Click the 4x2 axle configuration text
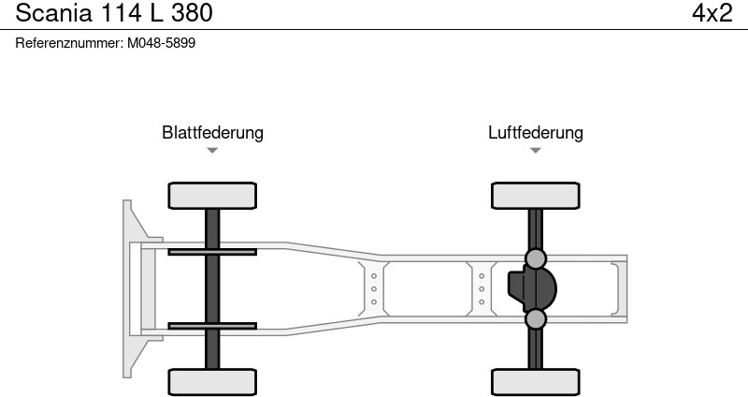tap(712, 13)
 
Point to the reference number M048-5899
tap(161, 43)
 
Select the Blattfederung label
tap(212, 132)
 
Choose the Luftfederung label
tap(535, 132)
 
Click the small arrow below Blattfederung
tap(212, 150)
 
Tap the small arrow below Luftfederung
tap(535, 150)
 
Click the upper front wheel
tap(212, 196)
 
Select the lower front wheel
tap(212, 381)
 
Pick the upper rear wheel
tap(535, 196)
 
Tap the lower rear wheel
tap(535, 381)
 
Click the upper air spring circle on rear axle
tap(535, 258)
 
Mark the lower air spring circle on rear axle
tap(535, 319)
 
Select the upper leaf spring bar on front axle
tap(212, 251)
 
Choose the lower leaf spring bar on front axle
tap(212, 326)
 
